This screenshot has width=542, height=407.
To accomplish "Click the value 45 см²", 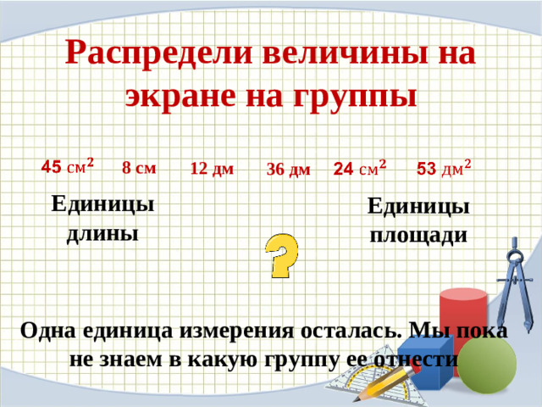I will point(68,164).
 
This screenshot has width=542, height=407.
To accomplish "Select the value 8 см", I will point(139,167).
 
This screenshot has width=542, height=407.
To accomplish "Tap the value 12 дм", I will point(212,169).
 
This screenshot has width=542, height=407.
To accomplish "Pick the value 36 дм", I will point(288,170).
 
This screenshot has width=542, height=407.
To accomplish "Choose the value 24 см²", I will point(360,169).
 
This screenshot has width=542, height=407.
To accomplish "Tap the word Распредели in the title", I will point(158,54).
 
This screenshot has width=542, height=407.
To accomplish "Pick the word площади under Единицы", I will point(418,235).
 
